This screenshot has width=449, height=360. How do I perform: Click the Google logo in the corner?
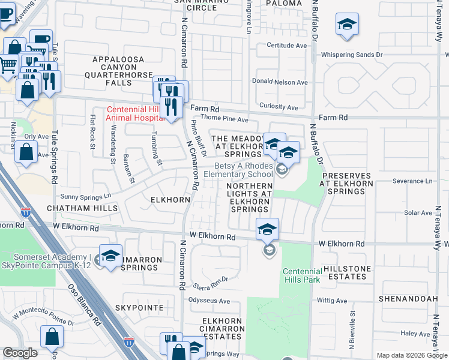[20, 353]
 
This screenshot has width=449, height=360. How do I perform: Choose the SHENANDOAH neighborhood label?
[406, 298]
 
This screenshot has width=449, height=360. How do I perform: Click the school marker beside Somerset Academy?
[110, 256]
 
